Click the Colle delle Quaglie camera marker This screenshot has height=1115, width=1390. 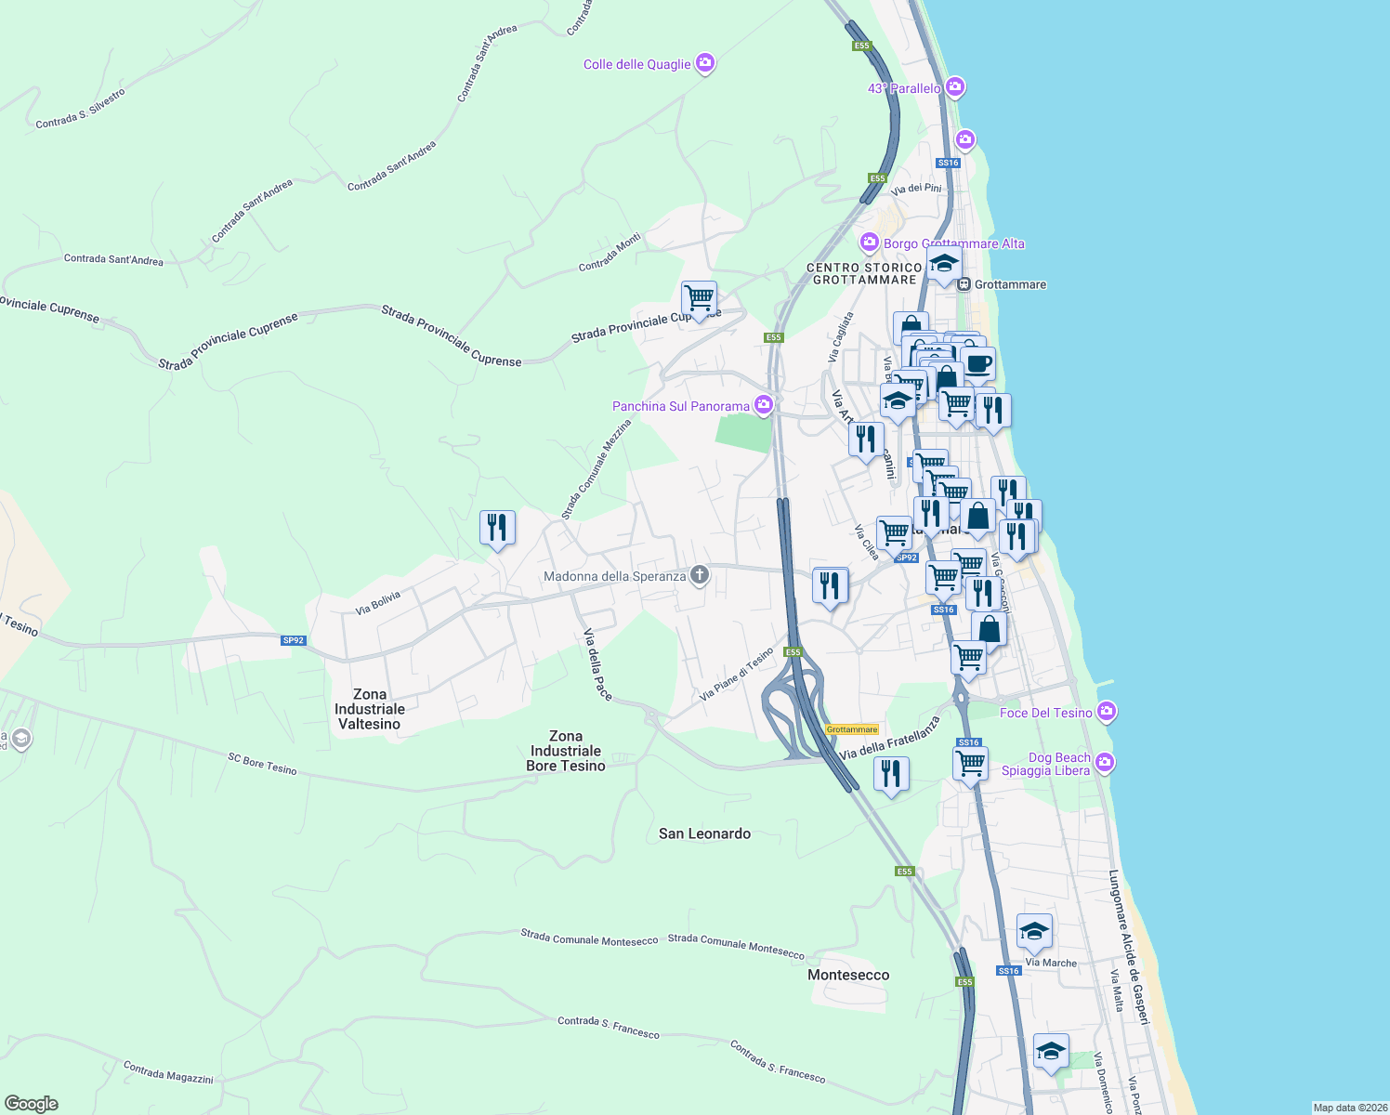click(x=705, y=63)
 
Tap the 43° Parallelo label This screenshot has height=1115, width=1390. click(x=904, y=88)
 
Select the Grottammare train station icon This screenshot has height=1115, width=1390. click(x=964, y=284)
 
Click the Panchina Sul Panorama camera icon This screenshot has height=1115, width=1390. click(x=764, y=404)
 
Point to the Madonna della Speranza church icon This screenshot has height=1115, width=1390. click(x=700, y=575)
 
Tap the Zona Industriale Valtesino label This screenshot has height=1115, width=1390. click(x=370, y=709)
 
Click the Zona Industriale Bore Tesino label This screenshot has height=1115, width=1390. click(x=566, y=751)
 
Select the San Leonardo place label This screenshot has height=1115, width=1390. click(x=704, y=833)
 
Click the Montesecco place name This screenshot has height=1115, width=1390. click(x=848, y=975)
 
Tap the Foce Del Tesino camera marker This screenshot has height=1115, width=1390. click(x=1106, y=712)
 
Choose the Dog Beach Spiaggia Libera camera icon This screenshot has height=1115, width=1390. click(x=1104, y=763)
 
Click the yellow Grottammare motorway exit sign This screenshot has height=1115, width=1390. click(x=852, y=729)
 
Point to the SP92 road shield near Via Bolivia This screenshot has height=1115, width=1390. click(x=294, y=640)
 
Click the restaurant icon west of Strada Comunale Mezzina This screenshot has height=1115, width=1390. click(x=497, y=528)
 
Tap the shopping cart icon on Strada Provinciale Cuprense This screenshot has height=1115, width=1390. click(x=699, y=298)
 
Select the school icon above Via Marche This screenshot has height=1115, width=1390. click(x=1034, y=930)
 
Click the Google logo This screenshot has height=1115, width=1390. click(x=32, y=1104)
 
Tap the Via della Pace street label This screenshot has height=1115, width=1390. click(x=597, y=664)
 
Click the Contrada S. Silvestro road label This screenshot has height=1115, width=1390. click(x=80, y=109)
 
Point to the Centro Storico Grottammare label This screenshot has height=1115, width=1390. click(x=864, y=273)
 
